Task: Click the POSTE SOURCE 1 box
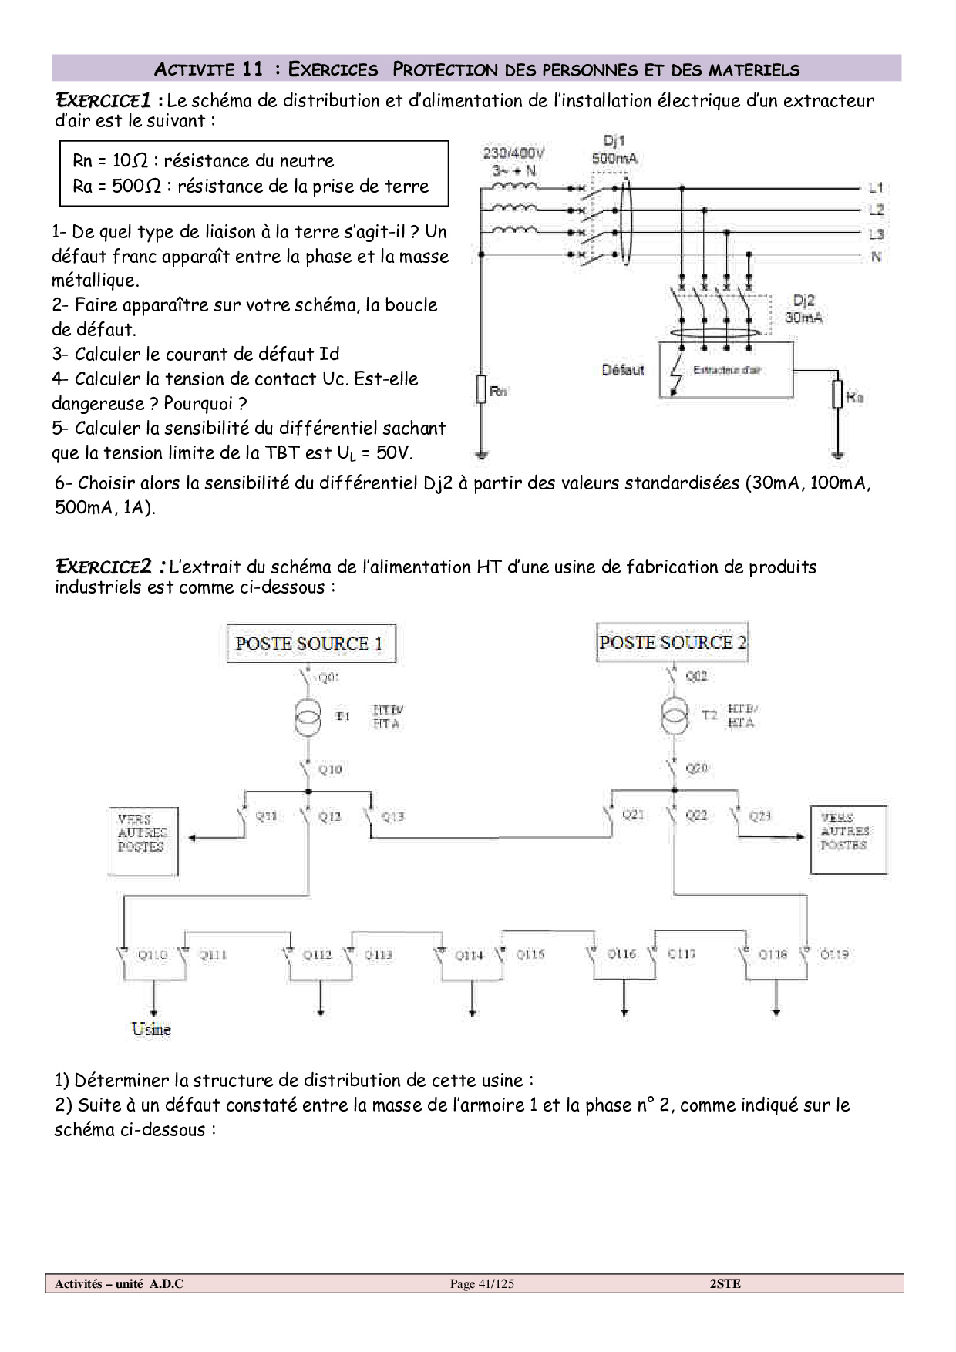coord(311,644)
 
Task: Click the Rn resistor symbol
coord(481,389)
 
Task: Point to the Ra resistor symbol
coord(838,394)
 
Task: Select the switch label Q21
coord(633,815)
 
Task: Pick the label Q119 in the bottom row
coord(834,953)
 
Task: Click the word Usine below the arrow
coord(151,1029)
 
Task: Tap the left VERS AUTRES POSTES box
coord(143,841)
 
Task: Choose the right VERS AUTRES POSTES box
coord(848,839)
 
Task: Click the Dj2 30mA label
coord(803,309)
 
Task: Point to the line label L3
coord(876,234)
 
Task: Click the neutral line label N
coord(876,256)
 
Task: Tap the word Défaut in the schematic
coord(623,370)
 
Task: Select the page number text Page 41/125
coord(482,1283)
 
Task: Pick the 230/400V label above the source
coord(513,153)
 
